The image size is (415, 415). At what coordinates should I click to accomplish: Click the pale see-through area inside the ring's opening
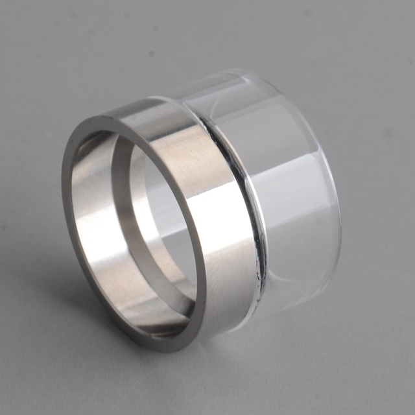click(162, 214)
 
